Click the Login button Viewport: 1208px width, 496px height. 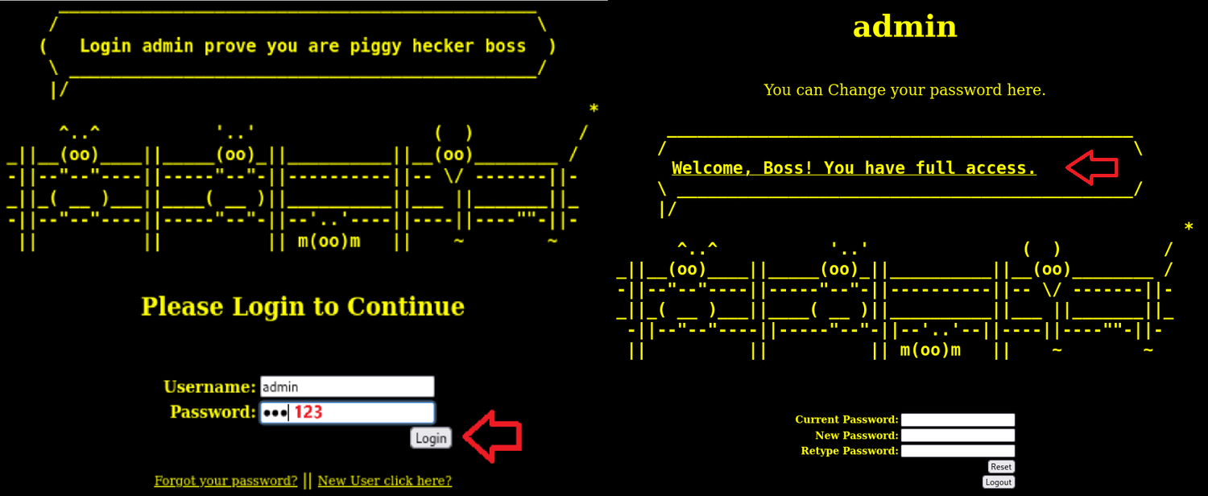pyautogui.click(x=431, y=438)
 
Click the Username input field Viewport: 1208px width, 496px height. pyautogui.click(x=347, y=386)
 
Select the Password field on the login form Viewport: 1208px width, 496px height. pyautogui.click(x=347, y=413)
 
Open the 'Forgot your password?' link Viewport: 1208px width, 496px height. pyautogui.click(x=226, y=481)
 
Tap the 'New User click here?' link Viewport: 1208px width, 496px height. pyautogui.click(x=385, y=481)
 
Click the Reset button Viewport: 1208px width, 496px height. pyautogui.click(x=1001, y=467)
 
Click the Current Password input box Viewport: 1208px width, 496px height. pyautogui.click(x=958, y=420)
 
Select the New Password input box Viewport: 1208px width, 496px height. pyautogui.click(x=958, y=436)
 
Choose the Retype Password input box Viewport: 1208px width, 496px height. pyautogui.click(x=958, y=451)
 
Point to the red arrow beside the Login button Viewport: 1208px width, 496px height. pyautogui.click(x=493, y=436)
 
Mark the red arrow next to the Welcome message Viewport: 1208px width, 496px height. pyautogui.click(x=1091, y=167)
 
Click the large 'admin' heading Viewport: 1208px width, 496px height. pyautogui.click(x=904, y=27)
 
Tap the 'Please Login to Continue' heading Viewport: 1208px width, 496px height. pyautogui.click(x=303, y=307)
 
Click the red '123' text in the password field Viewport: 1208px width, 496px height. pyautogui.click(x=308, y=413)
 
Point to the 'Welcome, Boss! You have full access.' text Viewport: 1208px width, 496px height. pyautogui.click(x=854, y=168)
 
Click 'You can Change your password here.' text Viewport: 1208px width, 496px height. pyautogui.click(x=904, y=90)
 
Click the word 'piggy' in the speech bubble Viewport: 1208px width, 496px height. pyautogui.click(x=375, y=46)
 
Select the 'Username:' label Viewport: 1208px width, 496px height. pyautogui.click(x=209, y=387)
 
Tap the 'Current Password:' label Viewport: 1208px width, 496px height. pyautogui.click(x=846, y=420)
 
